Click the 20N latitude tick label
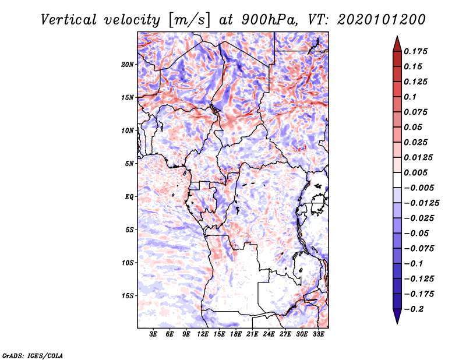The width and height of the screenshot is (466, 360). pyautogui.click(x=128, y=64)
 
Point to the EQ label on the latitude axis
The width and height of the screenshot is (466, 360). pyautogui.click(x=129, y=197)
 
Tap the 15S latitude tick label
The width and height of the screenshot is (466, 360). pyautogui.click(x=128, y=296)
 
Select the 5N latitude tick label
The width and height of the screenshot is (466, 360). pyautogui.click(x=129, y=164)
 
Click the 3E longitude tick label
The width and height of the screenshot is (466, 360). pyautogui.click(x=153, y=334)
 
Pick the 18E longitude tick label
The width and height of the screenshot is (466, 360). pyautogui.click(x=236, y=334)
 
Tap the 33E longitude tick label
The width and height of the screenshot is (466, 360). pyautogui.click(x=318, y=334)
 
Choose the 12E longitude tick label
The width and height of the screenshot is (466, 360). pyautogui.click(x=203, y=334)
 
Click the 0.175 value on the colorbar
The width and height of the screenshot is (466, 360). pyautogui.click(x=415, y=51)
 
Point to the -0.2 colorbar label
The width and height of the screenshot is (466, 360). pyautogui.click(x=414, y=309)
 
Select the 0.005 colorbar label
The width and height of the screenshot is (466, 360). pyautogui.click(x=415, y=172)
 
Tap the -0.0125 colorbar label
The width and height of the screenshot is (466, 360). pyautogui.click(x=421, y=203)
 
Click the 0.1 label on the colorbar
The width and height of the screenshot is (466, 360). pyautogui.click(x=410, y=97)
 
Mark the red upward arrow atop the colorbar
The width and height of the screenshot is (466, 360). pyautogui.click(x=397, y=44)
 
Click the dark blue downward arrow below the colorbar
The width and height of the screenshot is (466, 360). pyautogui.click(x=397, y=316)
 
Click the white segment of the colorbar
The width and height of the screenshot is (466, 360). pyautogui.click(x=397, y=180)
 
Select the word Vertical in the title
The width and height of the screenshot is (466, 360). pyautogui.click(x=69, y=20)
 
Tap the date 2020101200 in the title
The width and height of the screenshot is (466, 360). pyautogui.click(x=382, y=20)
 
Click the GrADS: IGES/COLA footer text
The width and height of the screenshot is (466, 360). pyautogui.click(x=33, y=355)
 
